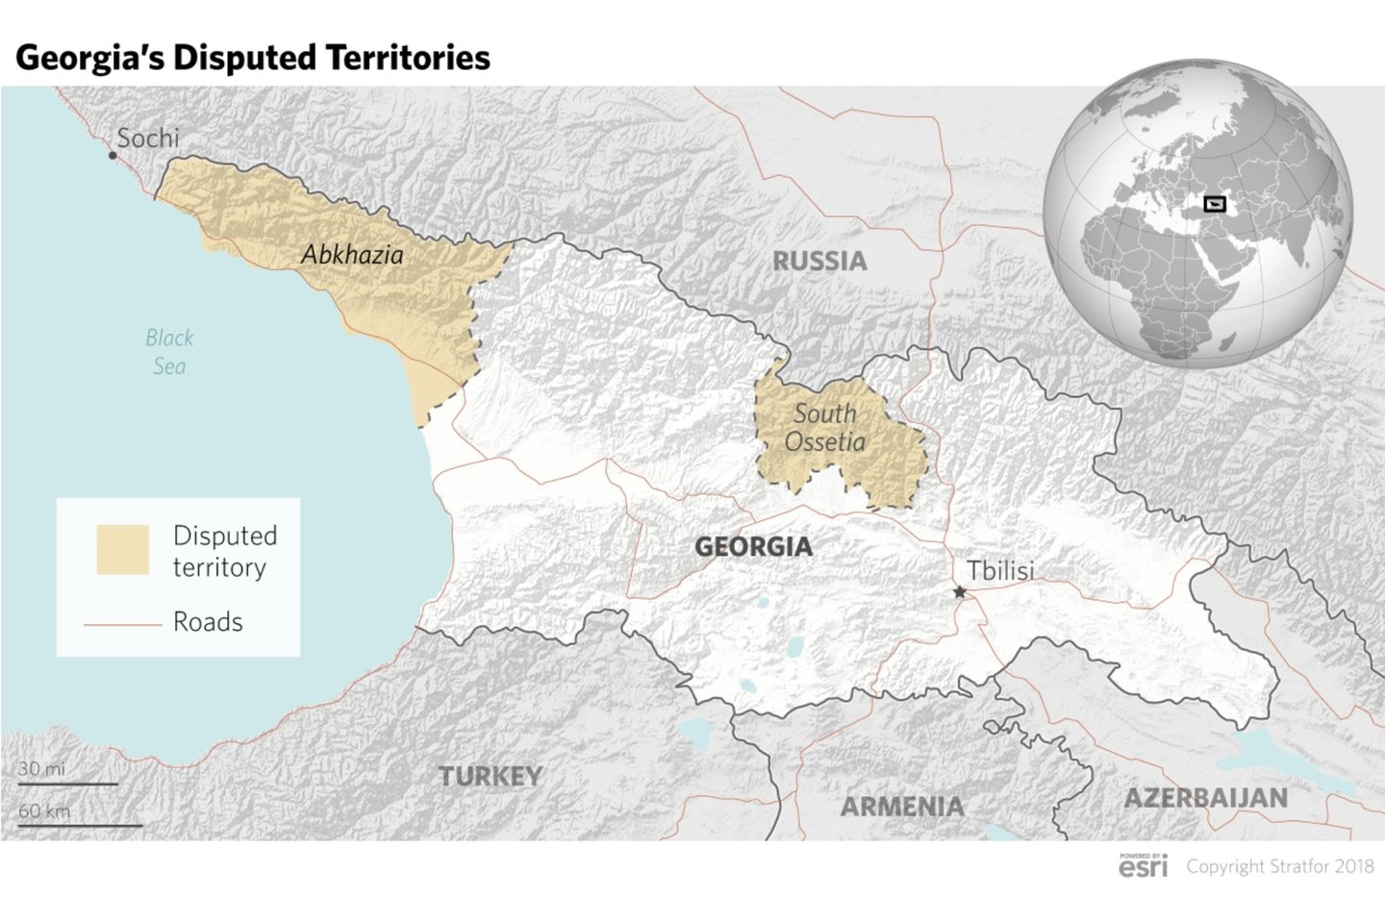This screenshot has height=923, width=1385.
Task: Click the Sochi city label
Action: click(x=147, y=138)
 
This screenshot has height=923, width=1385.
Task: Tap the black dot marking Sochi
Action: click(x=113, y=156)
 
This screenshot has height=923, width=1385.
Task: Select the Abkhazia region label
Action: click(x=352, y=255)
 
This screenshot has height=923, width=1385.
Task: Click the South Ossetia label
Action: click(x=825, y=428)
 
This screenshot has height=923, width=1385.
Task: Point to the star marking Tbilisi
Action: click(x=959, y=592)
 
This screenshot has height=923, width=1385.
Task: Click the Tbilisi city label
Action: click(x=1000, y=570)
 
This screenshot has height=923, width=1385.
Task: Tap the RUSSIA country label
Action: click(x=819, y=262)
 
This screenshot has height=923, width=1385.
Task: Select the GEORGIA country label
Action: click(x=753, y=547)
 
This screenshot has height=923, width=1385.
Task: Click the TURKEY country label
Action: click(x=491, y=776)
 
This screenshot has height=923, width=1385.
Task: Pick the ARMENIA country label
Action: click(x=901, y=807)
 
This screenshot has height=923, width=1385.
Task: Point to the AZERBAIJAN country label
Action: click(x=1205, y=798)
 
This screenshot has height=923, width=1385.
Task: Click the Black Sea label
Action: click(x=169, y=352)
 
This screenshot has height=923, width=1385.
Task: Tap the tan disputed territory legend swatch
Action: click(x=123, y=550)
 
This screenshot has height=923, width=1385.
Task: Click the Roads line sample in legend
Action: click(x=122, y=625)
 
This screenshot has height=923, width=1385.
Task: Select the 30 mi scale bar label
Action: click(x=42, y=769)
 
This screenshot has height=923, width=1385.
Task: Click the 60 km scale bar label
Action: click(x=44, y=811)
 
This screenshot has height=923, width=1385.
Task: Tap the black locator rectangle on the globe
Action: click(x=1215, y=204)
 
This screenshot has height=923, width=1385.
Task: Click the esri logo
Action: click(x=1144, y=865)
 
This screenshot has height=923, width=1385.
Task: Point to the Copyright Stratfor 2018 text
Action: click(x=1280, y=866)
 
